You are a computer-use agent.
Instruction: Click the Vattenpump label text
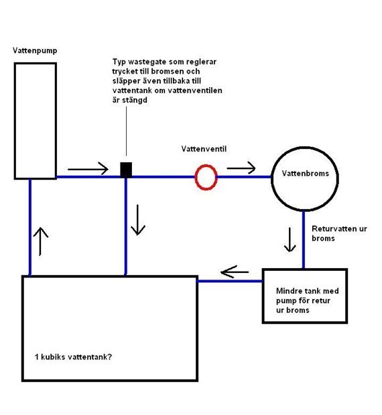[x=35, y=50]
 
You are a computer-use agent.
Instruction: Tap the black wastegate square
[x=126, y=170]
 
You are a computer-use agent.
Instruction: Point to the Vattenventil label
[x=204, y=149]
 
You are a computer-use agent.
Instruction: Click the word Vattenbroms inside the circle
[x=306, y=174]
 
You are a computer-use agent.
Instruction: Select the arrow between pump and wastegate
[x=88, y=169]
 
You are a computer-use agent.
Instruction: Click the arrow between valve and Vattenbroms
[x=241, y=168]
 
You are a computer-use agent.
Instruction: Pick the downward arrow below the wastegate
[x=138, y=220]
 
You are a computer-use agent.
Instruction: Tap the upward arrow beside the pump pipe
[x=41, y=241]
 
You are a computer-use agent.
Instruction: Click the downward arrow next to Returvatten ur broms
[x=290, y=239]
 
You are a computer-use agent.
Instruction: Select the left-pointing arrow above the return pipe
[x=235, y=272]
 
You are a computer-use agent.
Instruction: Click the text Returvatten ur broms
[x=339, y=233]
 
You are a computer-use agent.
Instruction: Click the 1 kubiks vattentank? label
[x=73, y=357]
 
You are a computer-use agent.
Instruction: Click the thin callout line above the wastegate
[x=126, y=131]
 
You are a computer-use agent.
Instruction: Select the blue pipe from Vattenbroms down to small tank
[x=304, y=240]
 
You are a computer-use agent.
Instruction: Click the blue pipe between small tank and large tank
[x=230, y=281]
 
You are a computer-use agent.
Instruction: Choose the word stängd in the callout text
[x=134, y=100]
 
